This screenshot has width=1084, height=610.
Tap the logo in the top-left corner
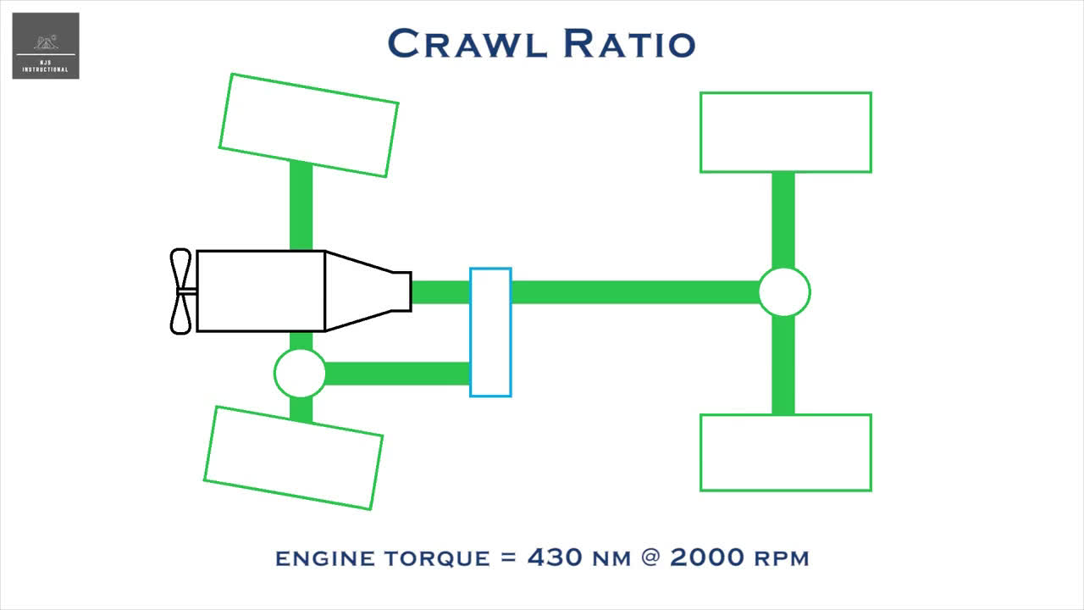tap(46, 46)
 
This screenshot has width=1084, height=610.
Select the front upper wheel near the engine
tap(308, 125)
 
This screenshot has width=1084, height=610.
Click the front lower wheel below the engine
tap(293, 457)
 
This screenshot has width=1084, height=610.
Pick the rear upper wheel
tap(785, 132)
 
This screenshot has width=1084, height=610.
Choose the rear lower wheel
tap(785, 452)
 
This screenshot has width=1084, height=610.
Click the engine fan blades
tap(180, 291)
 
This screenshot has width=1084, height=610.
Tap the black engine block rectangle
tap(261, 291)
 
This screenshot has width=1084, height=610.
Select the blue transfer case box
tap(490, 332)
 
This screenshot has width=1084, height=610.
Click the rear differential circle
tap(783, 292)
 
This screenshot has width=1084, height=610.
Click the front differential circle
tap(300, 373)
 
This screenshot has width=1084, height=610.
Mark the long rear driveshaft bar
tap(635, 292)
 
